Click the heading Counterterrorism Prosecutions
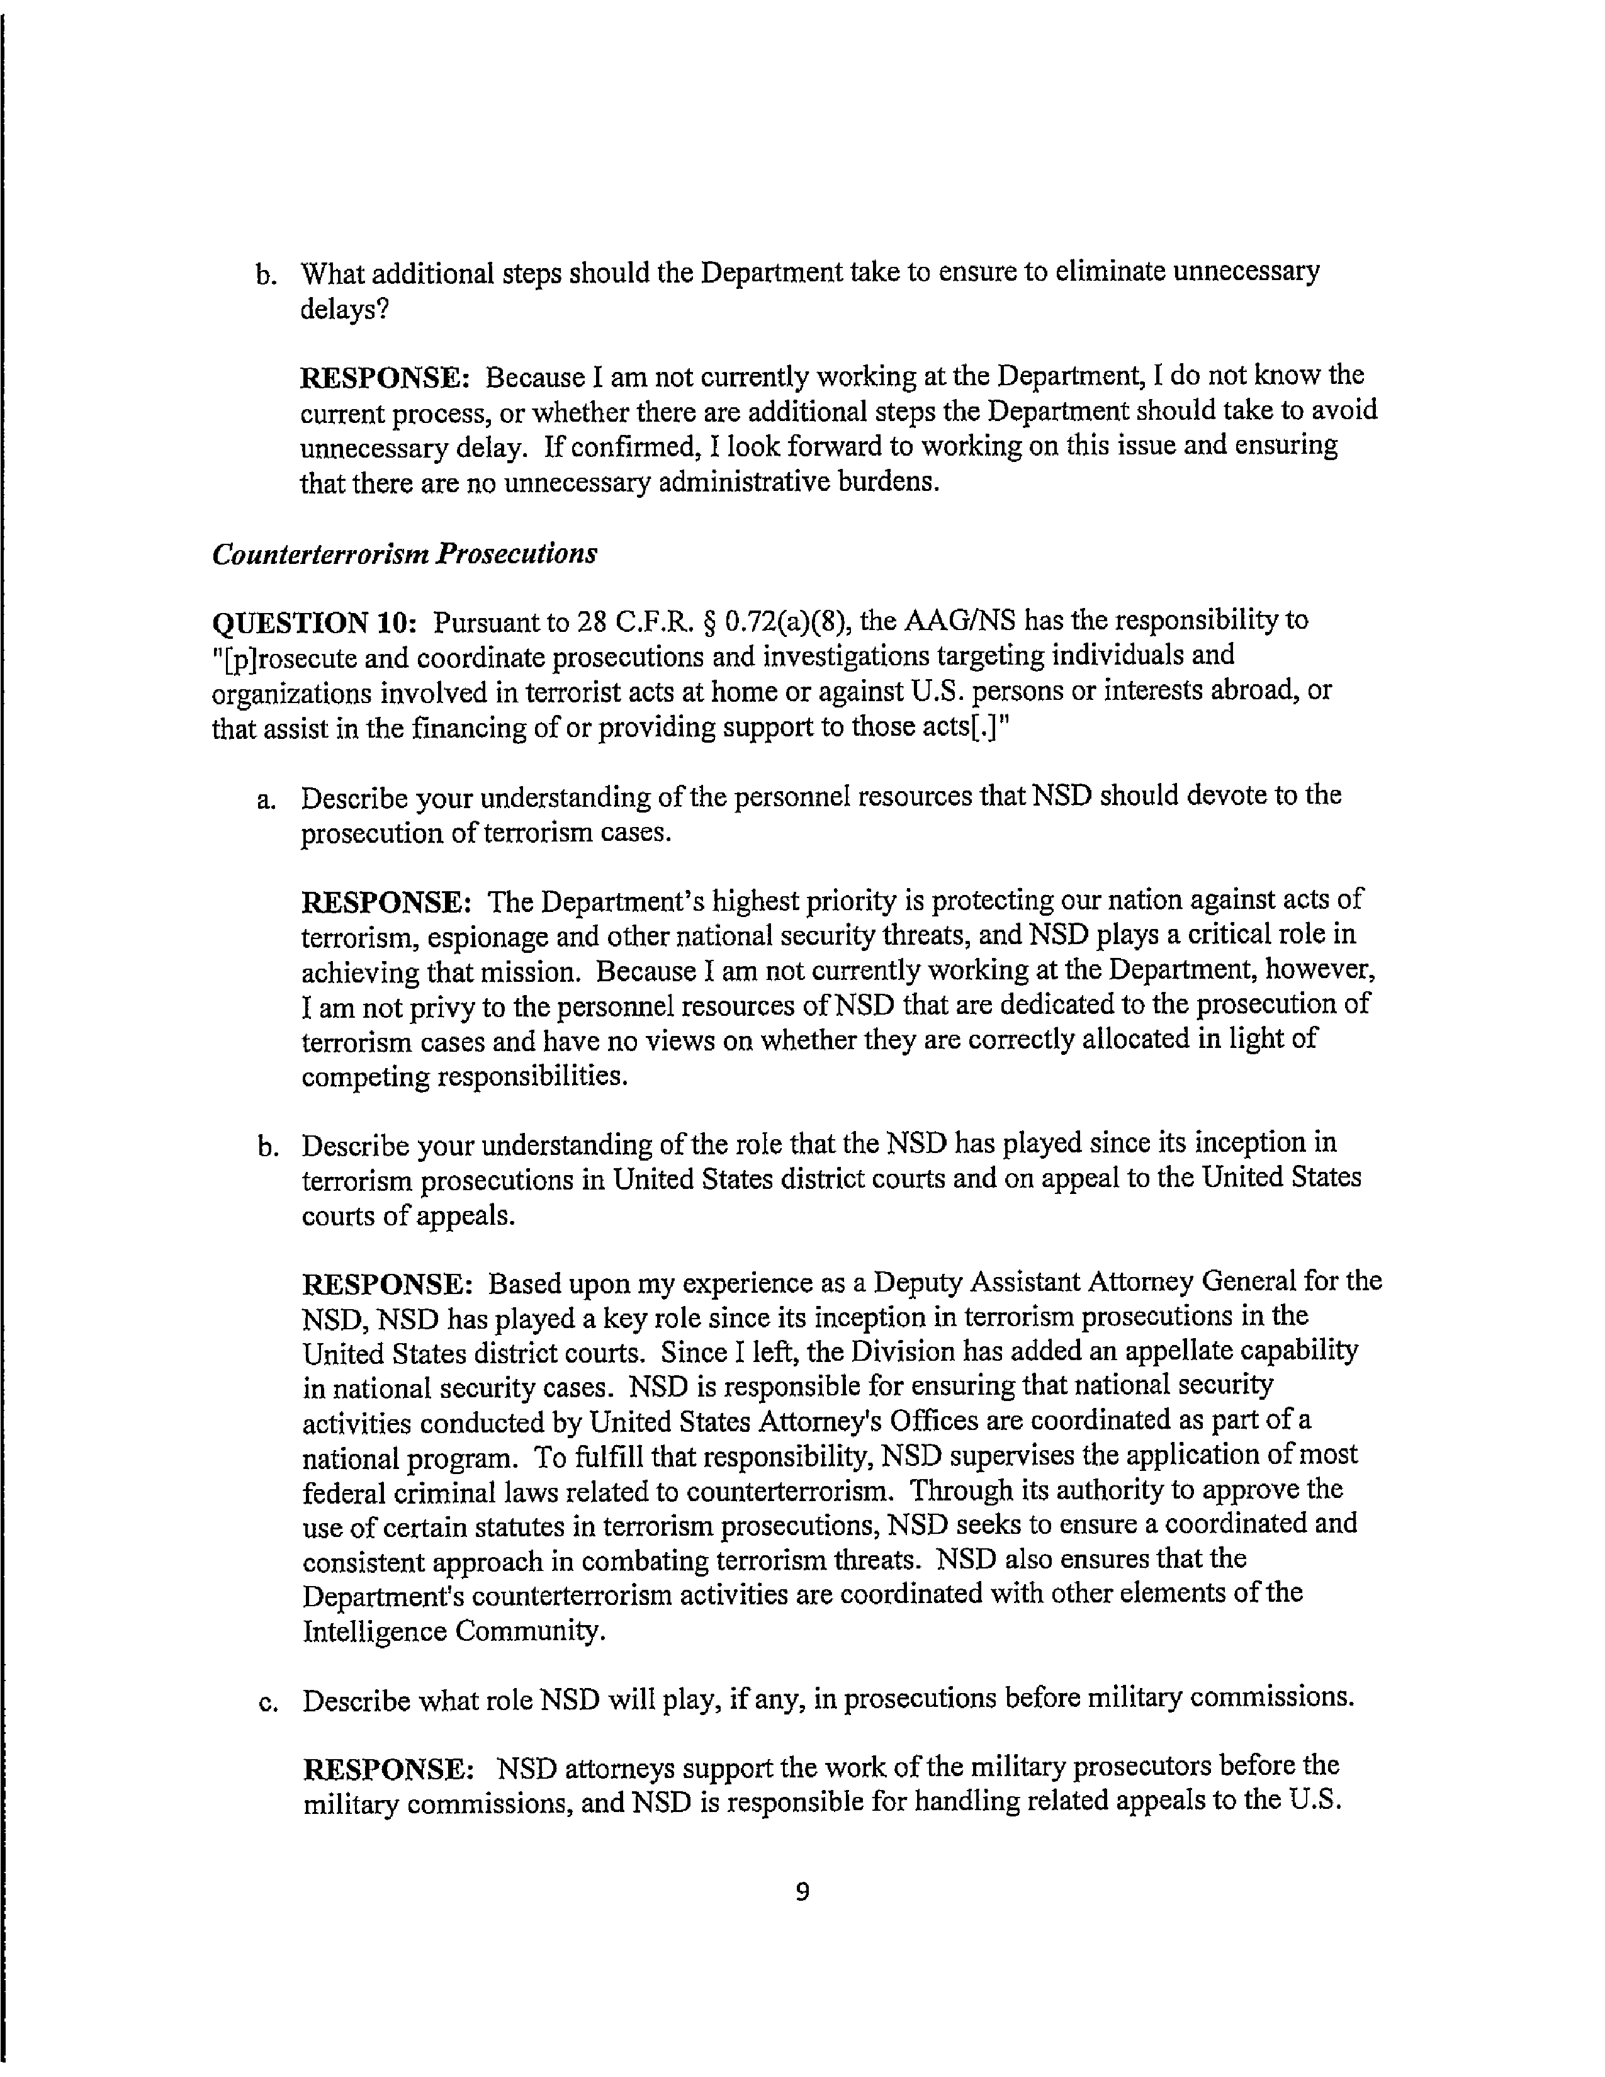[x=404, y=553]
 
